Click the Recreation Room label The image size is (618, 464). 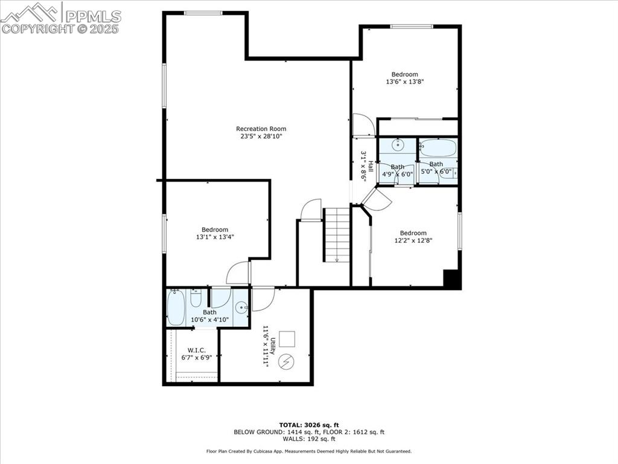coord(261,129)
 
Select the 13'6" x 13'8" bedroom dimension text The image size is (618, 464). coord(404,82)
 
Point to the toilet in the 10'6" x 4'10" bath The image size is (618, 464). coord(196,298)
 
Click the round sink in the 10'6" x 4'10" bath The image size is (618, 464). coord(241,307)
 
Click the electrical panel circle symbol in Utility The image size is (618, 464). coord(286,361)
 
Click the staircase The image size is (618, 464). coord(337,234)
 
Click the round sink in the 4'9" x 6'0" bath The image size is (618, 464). coord(398,144)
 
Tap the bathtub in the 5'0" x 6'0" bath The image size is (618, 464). coord(438,147)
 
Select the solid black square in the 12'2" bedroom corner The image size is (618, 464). coord(452,279)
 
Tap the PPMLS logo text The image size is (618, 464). coord(93,16)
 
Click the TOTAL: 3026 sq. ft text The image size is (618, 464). coord(308,425)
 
